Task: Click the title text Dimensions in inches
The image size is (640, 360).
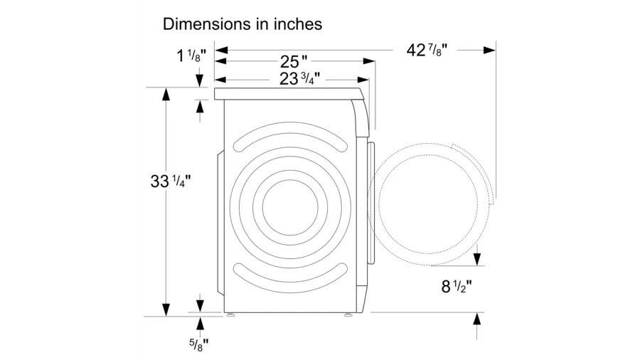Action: [x=242, y=24]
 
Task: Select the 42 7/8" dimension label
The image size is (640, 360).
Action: [x=427, y=51]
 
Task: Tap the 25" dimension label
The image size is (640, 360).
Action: [x=294, y=62]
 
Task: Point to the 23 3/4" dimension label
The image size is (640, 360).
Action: [x=299, y=78]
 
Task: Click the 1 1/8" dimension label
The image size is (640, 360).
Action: [x=191, y=55]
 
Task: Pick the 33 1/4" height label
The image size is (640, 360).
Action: [x=171, y=181]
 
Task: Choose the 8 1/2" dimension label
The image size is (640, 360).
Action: [x=457, y=286]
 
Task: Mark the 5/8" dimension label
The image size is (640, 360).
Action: [x=199, y=345]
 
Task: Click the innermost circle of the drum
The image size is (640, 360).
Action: [x=290, y=207]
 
